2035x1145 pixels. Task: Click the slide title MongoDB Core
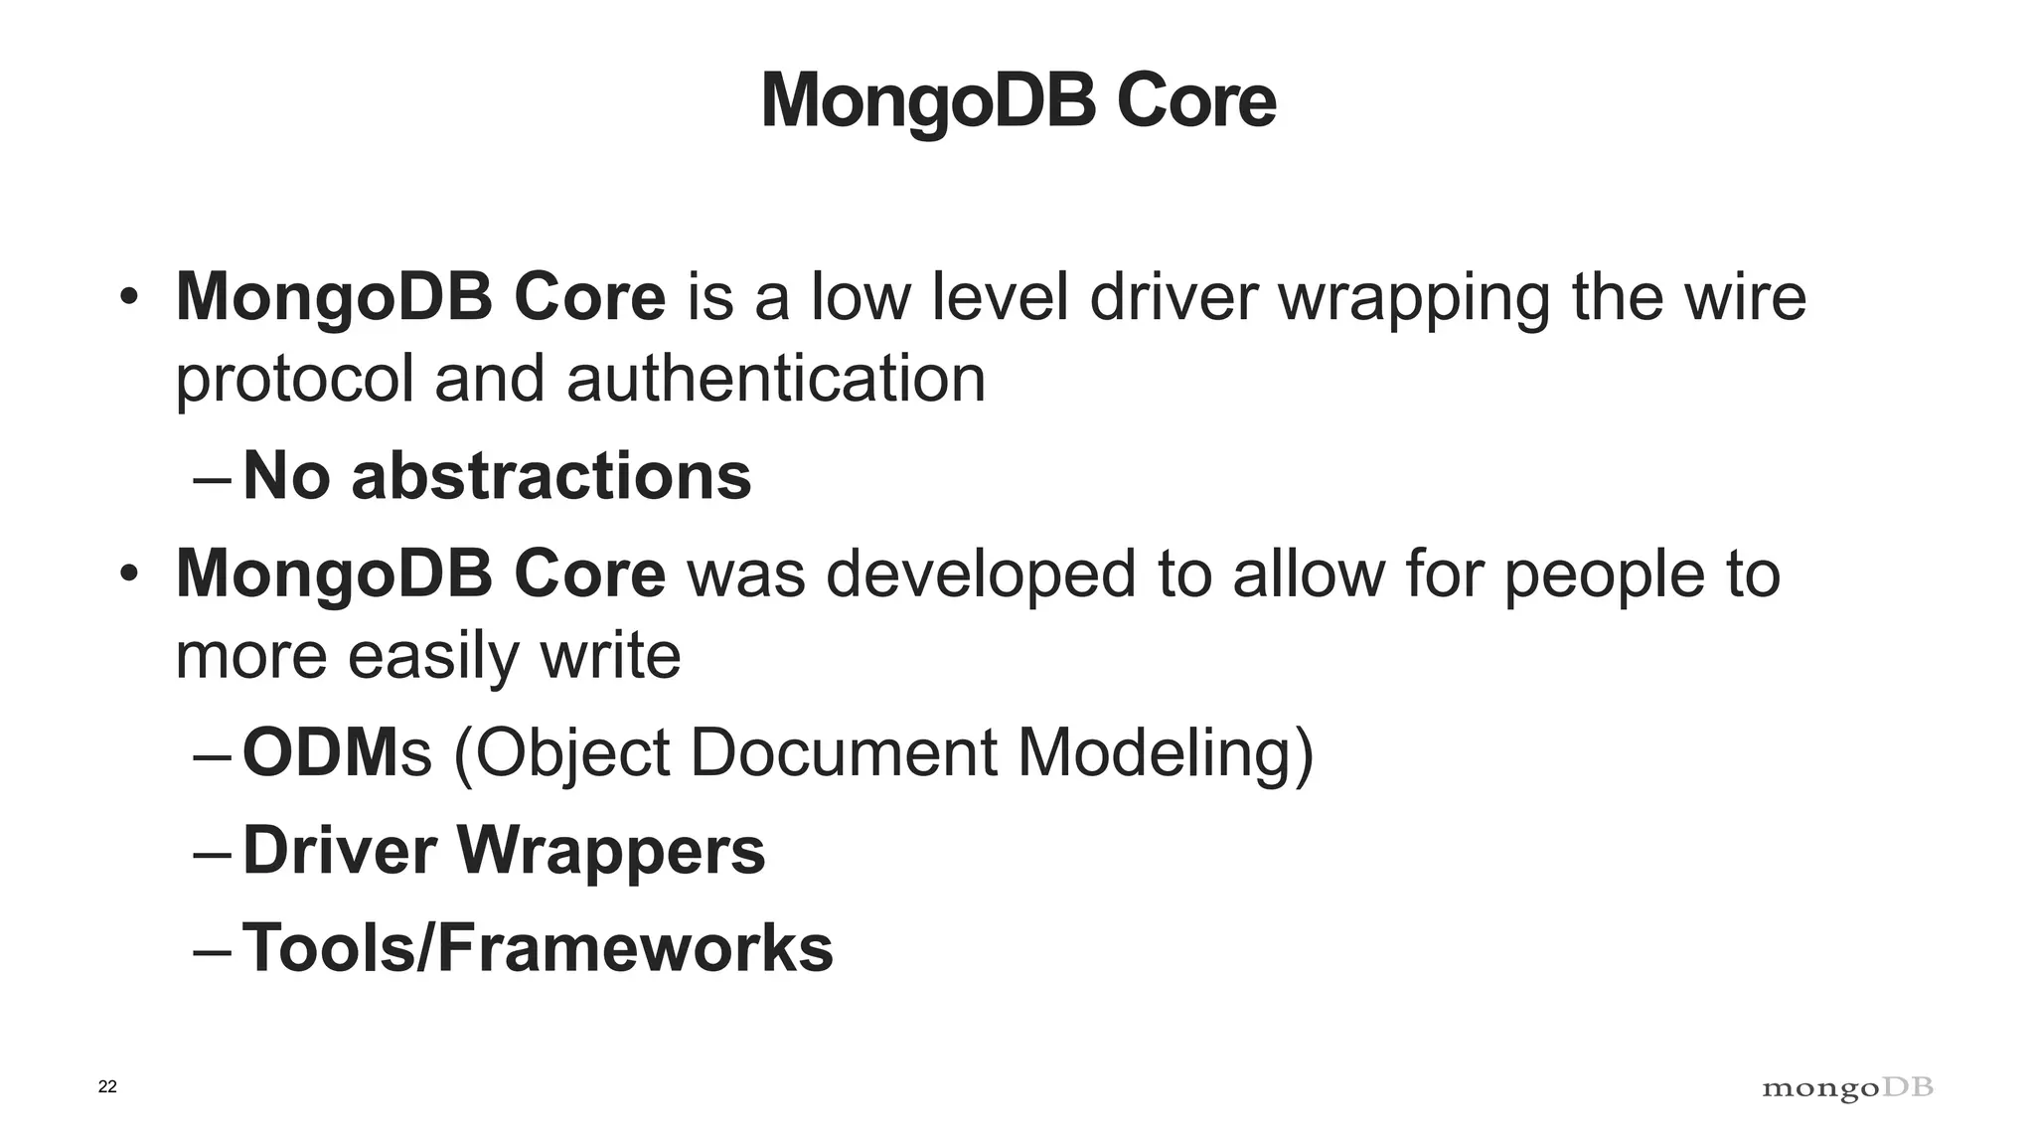(1017, 100)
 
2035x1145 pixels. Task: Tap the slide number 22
(107, 1086)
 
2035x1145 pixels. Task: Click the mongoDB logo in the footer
(1847, 1088)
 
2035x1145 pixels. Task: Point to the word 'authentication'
(776, 379)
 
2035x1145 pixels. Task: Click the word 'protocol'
(294, 381)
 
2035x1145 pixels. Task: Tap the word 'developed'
(980, 575)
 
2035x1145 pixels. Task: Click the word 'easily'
(433, 657)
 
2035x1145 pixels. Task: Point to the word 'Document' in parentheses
(843, 752)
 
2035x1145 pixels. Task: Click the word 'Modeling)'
(1166, 754)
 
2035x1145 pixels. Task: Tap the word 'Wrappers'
(611, 851)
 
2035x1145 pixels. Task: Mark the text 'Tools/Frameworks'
(538, 947)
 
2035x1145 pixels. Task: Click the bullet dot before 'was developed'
(128, 573)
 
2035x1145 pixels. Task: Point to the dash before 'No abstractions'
(213, 478)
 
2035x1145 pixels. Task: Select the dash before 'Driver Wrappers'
(213, 854)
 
